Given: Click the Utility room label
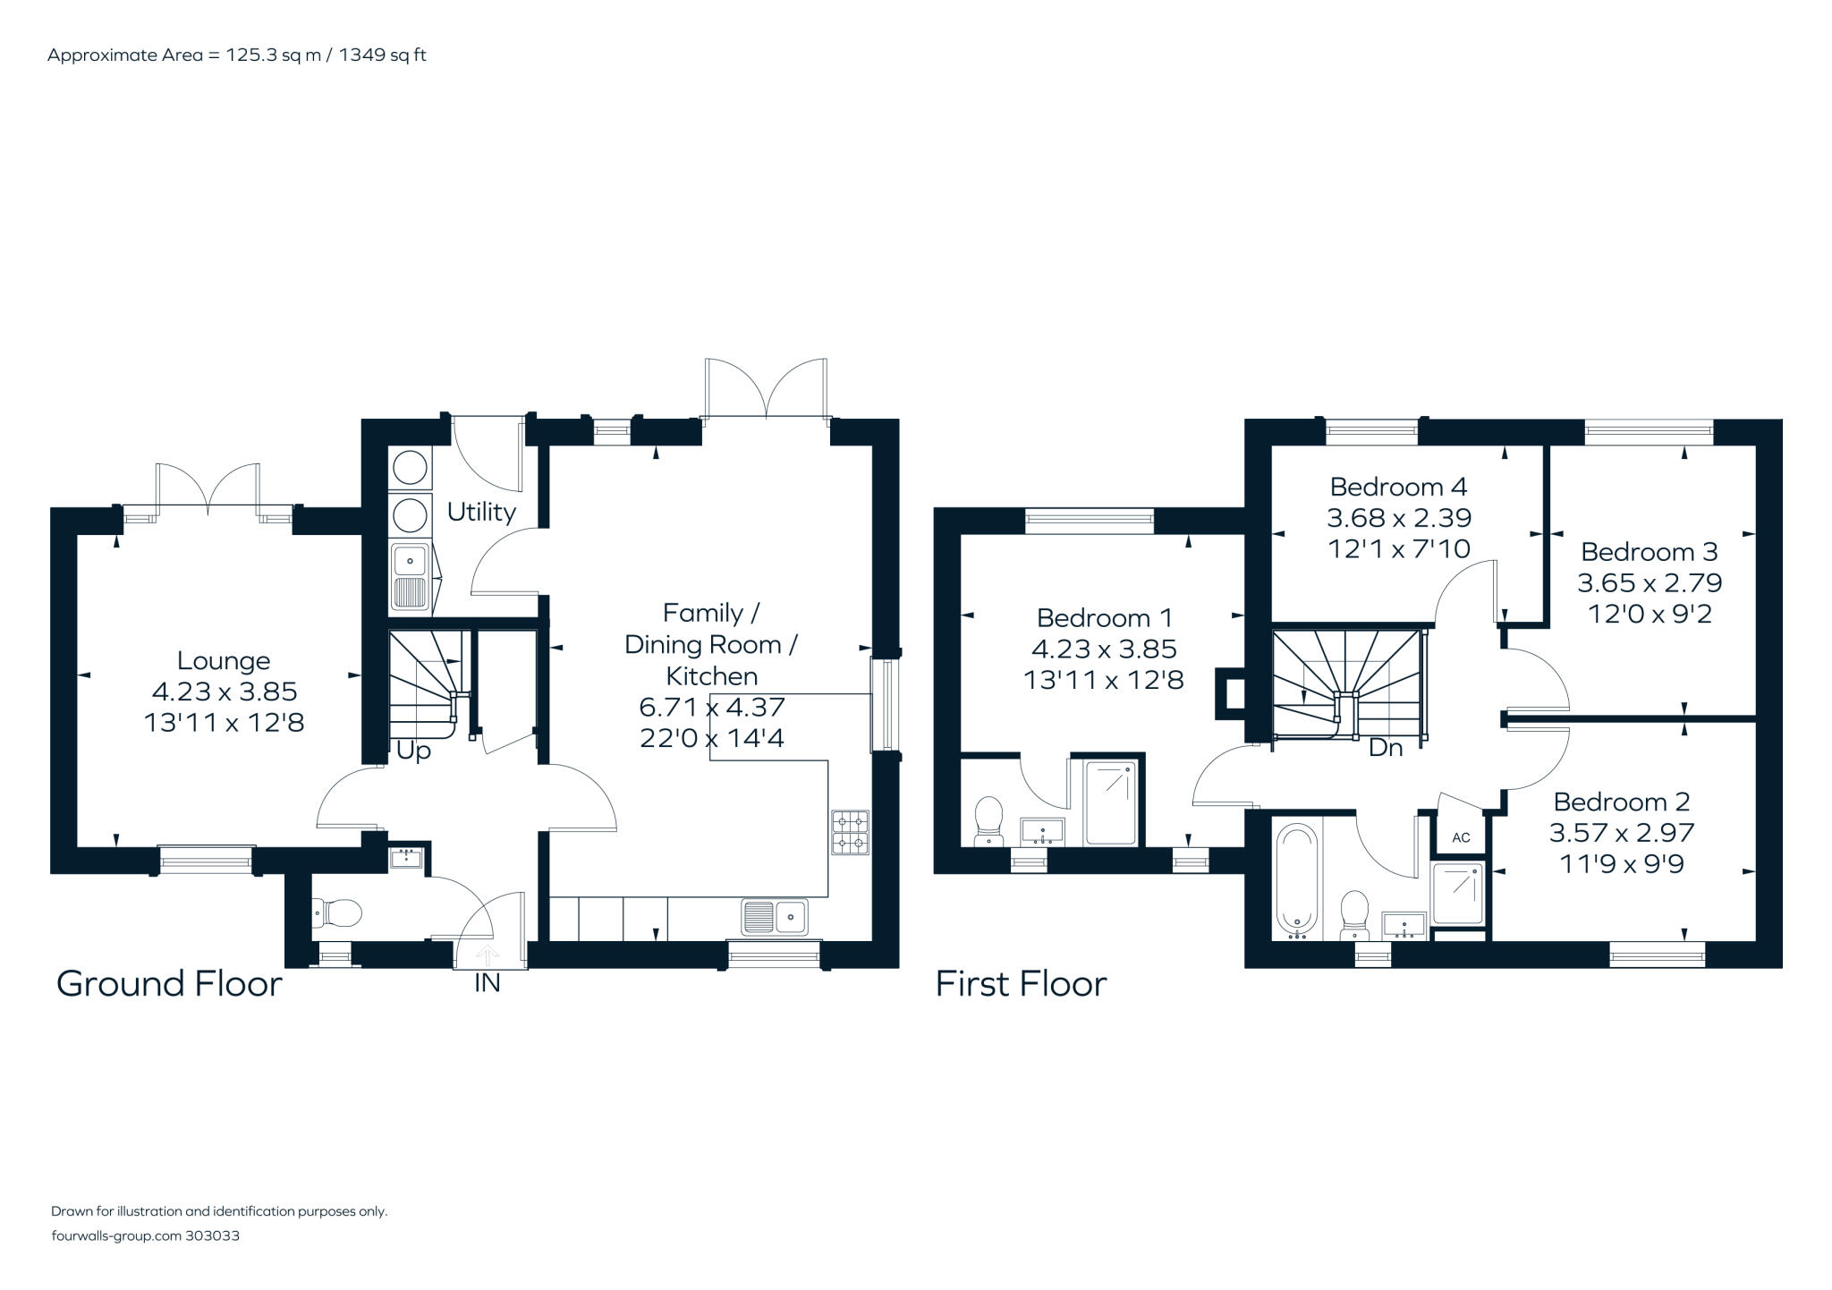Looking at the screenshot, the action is [481, 513].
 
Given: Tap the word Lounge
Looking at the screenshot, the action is [224, 661].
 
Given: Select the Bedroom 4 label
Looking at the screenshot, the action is [1398, 487].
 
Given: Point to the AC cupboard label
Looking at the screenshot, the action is [1461, 838].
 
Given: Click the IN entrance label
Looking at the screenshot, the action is [487, 983].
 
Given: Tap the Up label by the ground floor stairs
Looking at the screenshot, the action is [413, 751].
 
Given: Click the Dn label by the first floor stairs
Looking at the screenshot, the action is [1386, 747].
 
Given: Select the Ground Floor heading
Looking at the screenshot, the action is [169, 984].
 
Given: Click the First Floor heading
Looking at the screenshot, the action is [1021, 984].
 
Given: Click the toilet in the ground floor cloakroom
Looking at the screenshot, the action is [338, 913].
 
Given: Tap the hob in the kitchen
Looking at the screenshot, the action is [850, 832].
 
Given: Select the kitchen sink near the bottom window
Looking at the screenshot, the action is [775, 916].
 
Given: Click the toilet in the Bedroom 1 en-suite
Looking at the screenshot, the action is [988, 819].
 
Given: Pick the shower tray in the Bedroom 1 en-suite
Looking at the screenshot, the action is [1111, 802].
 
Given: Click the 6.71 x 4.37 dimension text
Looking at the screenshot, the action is [712, 708].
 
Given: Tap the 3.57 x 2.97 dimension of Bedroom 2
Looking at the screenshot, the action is [1622, 833].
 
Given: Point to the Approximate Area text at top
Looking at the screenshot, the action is [236, 55].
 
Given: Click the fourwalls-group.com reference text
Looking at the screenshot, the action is [145, 1236].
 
